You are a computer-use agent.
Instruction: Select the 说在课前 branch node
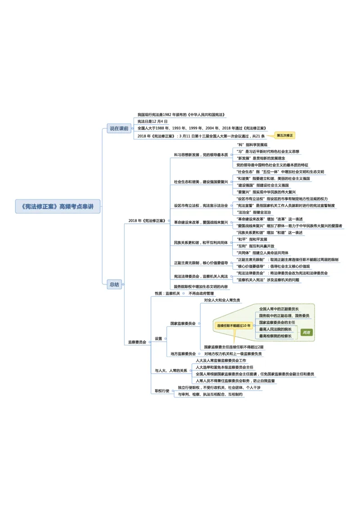coord(119,128)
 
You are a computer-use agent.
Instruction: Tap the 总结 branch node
coord(114,284)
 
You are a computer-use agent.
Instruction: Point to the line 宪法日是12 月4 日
coord(153,121)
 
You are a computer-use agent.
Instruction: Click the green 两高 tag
coord(306,333)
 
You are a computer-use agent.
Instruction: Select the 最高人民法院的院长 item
coord(275,329)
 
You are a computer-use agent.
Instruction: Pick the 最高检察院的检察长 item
coord(275,336)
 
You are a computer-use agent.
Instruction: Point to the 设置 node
coord(158,339)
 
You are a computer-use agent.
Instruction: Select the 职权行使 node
coord(162,391)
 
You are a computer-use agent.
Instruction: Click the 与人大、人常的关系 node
coord(171,371)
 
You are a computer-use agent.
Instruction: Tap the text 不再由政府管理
coord(201,293)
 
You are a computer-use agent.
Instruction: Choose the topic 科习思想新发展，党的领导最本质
coord(201,155)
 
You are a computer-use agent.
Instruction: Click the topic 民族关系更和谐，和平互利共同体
coord(201,242)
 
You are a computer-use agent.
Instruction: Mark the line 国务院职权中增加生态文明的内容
coord(201,286)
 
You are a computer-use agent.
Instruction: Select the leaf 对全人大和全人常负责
coord(222,300)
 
